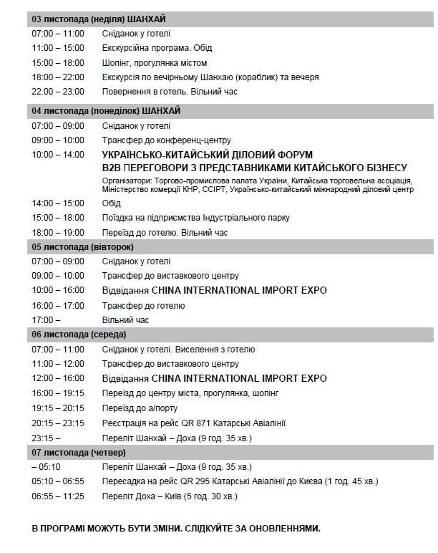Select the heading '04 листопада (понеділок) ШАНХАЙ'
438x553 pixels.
coord(106,110)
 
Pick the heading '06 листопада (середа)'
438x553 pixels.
coord(79,335)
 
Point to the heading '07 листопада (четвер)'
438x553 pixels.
coord(79,453)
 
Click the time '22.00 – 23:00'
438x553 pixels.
coord(58,91)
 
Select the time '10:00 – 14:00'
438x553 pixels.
coord(58,155)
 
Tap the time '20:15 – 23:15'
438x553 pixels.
coord(58,423)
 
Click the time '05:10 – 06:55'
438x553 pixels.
coord(58,481)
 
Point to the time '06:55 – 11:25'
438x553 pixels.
coord(58,496)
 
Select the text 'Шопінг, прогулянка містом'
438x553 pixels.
coord(156,62)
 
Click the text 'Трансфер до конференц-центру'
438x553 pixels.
coord(166,140)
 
